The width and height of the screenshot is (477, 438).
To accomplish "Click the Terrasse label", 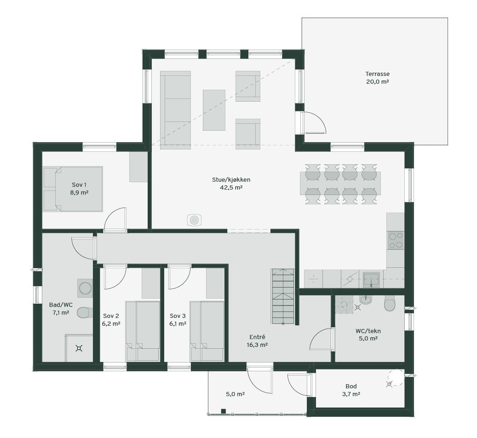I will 377,74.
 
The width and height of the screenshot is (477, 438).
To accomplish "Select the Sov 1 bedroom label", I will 79,184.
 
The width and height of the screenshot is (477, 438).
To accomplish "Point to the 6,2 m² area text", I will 111,324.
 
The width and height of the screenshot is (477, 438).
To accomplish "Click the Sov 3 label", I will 178,316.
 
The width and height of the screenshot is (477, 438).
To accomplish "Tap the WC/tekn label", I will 368,331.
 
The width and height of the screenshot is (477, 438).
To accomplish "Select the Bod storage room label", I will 351,386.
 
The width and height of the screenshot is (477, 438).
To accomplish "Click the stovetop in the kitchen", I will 396,240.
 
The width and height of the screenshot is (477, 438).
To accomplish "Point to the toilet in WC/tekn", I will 390,304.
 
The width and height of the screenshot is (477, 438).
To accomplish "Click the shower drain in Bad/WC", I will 79,349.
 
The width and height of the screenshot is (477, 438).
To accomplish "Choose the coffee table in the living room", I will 214,110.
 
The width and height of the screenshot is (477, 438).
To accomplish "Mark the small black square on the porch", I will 223,411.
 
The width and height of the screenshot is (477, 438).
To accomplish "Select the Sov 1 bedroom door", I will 115,221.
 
